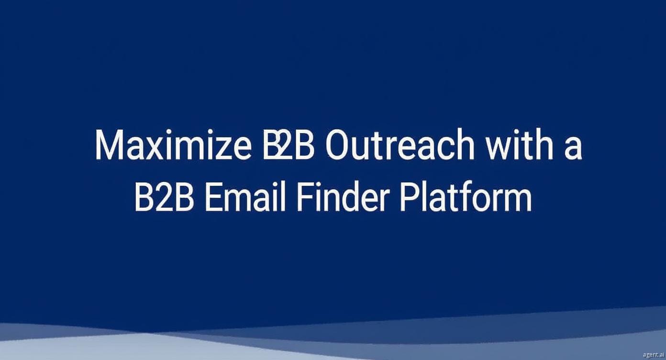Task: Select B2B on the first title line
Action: tap(288, 144)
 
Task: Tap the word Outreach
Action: tap(400, 144)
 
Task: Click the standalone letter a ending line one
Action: tap(573, 149)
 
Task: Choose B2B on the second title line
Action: tap(164, 196)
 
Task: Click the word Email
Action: tap(245, 196)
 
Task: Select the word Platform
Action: tap(466, 196)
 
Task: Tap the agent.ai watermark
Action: tap(653, 355)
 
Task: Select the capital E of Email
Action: tap(214, 196)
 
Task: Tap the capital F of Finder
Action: tap(306, 196)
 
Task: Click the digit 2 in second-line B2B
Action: tap(164, 196)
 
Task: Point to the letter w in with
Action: tap(499, 149)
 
